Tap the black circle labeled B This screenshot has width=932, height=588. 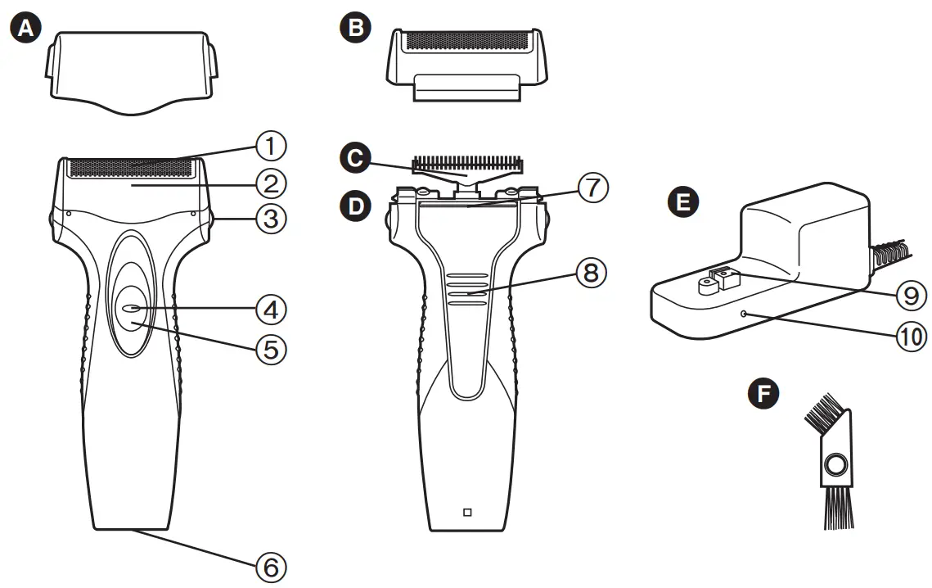(355, 29)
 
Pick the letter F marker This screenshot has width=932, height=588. (764, 394)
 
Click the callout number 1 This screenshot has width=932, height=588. (270, 147)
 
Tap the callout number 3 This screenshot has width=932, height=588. (270, 219)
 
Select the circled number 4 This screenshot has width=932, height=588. (270, 309)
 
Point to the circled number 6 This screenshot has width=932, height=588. (270, 566)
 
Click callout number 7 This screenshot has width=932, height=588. (592, 188)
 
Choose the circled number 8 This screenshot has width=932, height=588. (592, 273)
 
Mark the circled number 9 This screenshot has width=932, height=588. (910, 295)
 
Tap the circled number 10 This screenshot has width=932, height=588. (910, 335)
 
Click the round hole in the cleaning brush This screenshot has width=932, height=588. (835, 466)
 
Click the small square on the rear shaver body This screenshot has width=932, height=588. (467, 513)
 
